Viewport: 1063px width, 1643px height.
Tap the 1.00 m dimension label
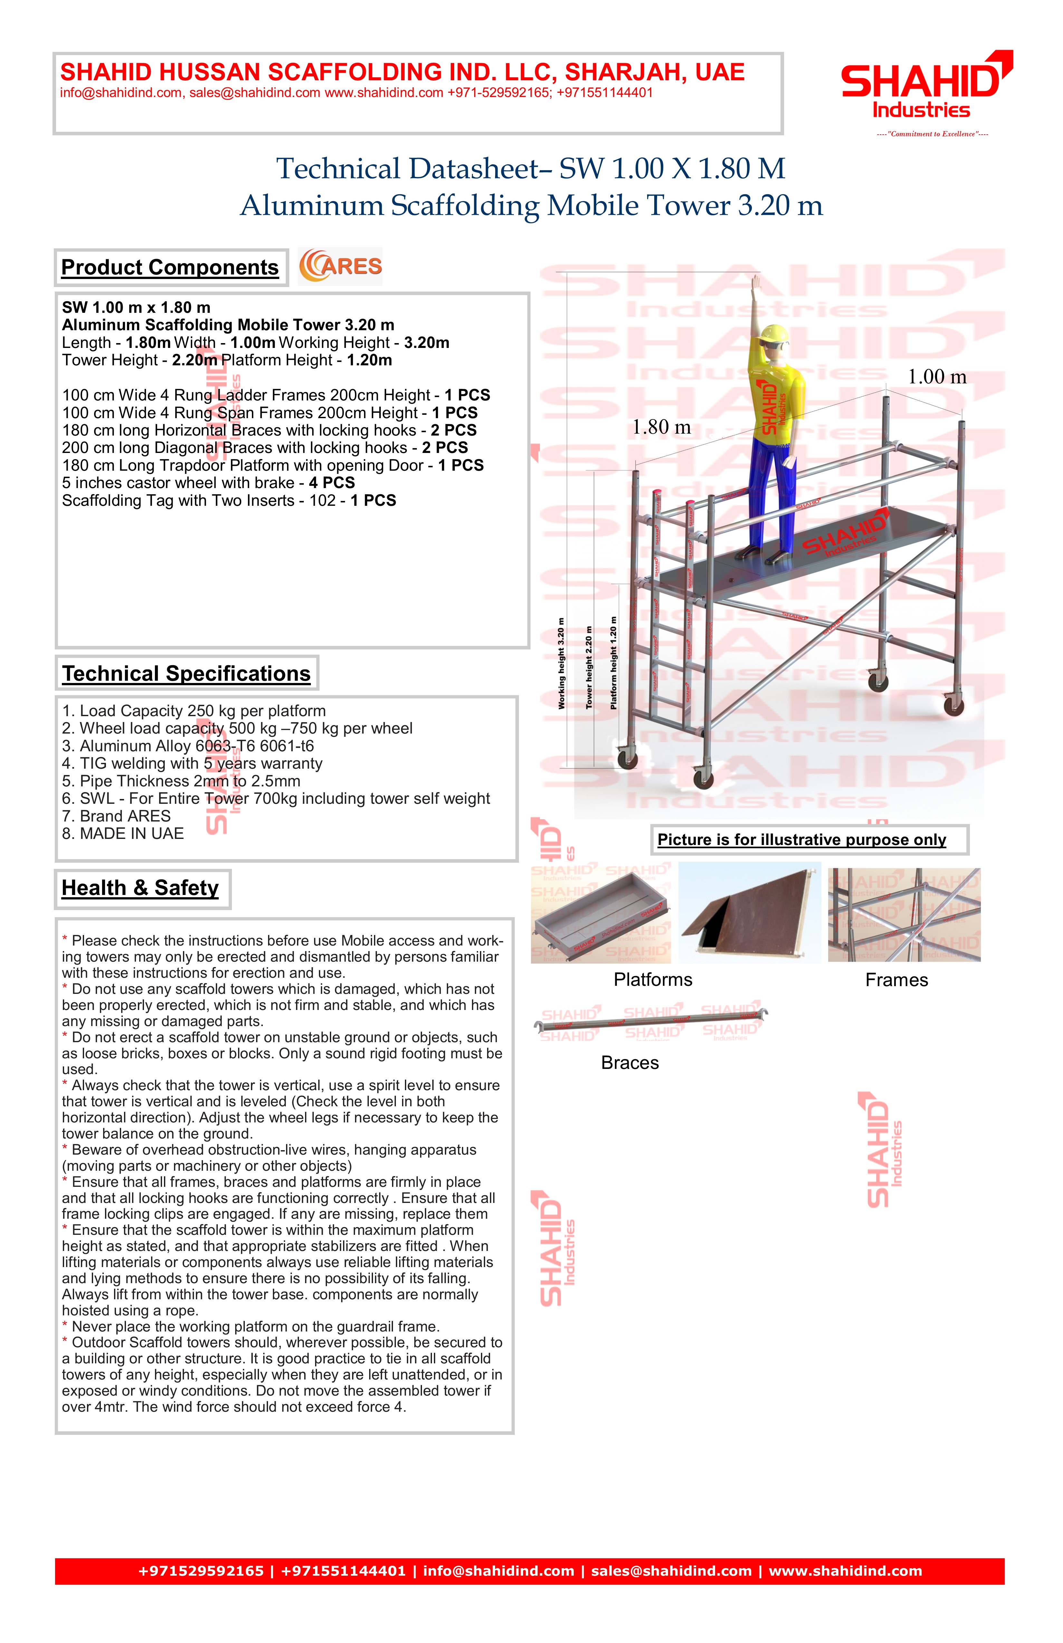point(937,377)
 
